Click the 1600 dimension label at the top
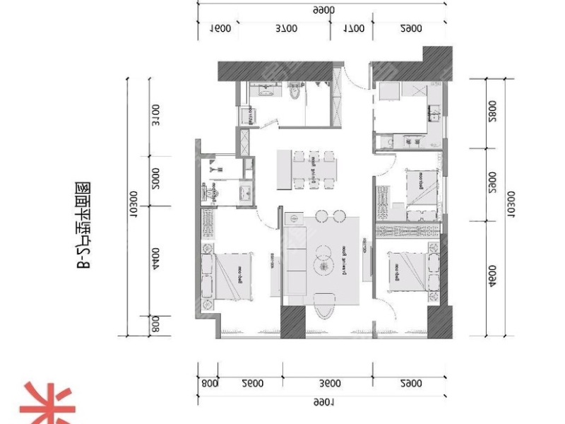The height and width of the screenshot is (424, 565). [x=221, y=29]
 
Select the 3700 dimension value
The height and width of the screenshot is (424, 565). [x=285, y=29]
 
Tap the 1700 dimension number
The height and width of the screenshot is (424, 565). [x=353, y=29]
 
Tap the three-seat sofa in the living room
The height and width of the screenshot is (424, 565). [x=294, y=261]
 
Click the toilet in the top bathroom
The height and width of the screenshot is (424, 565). [x=295, y=92]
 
